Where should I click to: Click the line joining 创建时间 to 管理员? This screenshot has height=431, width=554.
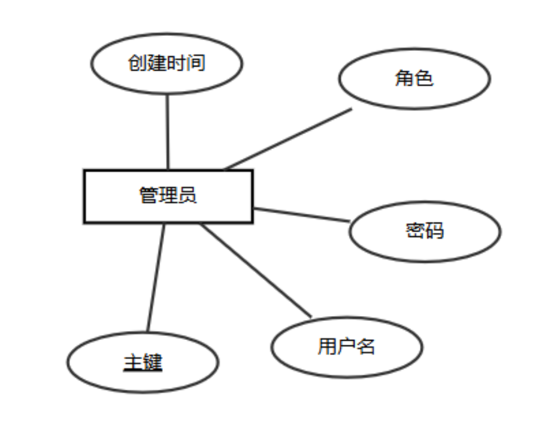coord(167,132)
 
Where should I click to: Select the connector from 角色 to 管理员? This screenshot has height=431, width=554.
coord(287,139)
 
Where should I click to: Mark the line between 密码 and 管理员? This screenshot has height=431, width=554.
coord(301,215)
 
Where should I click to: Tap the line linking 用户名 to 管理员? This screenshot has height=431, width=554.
coord(256,271)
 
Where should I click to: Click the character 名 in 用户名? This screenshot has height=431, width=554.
coord(365,347)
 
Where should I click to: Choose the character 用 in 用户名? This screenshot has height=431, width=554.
coord(327,347)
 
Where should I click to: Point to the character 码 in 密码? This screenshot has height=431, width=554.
coord(434,231)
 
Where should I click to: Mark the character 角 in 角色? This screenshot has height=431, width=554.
coord(405,78)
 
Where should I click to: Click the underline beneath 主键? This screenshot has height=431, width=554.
coord(143,371)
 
